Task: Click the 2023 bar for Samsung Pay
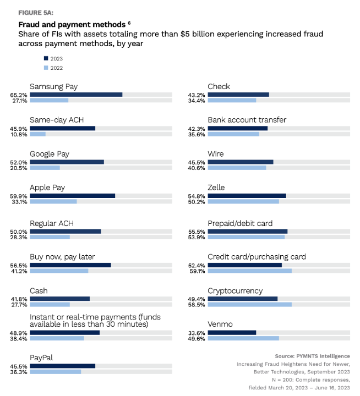(x=76, y=95)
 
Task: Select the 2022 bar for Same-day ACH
(x=37, y=134)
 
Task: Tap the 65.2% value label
(x=19, y=95)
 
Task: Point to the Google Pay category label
(x=50, y=154)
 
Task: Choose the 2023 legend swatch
(x=45, y=58)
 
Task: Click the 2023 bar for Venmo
(x=232, y=332)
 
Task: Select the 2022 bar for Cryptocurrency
(x=249, y=304)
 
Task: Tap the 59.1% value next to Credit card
(x=197, y=271)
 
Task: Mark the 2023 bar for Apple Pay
(x=72, y=196)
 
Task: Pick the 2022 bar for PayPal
(x=55, y=372)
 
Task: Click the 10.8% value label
(x=19, y=134)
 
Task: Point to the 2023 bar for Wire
(x=241, y=162)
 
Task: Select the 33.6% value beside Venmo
(x=197, y=332)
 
